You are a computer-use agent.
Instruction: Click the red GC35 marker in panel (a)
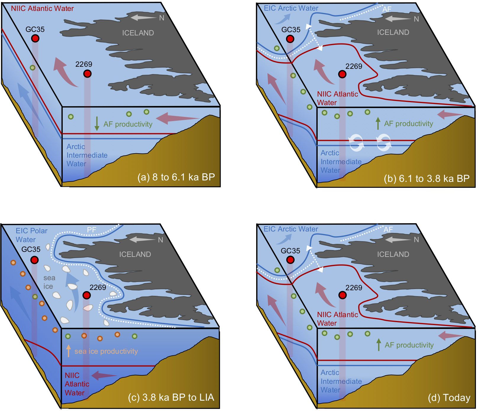[35, 38]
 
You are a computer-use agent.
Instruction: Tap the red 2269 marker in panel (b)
[342, 74]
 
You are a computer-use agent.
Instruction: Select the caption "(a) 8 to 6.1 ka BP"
[176, 177]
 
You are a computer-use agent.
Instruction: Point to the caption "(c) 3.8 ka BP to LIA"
[171, 397]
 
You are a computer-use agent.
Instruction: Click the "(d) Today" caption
[449, 398]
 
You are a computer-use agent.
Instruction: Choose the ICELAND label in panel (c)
[135, 254]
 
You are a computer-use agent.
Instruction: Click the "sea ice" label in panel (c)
[49, 282]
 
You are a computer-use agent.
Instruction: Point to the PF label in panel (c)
[91, 229]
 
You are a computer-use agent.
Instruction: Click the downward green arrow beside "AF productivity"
[97, 124]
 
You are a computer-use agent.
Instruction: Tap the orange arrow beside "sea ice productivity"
[69, 351]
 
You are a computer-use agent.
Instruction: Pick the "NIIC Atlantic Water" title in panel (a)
[42, 8]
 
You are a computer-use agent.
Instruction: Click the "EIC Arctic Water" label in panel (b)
[291, 8]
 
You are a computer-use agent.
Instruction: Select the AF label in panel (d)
[388, 229]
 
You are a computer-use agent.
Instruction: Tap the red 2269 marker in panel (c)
[87, 295]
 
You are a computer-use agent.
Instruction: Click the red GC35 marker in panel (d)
[290, 260]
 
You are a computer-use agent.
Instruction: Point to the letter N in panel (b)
[416, 19]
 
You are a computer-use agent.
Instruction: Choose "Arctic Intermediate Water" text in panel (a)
[87, 155]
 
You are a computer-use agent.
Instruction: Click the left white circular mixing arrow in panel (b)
[356, 143]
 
